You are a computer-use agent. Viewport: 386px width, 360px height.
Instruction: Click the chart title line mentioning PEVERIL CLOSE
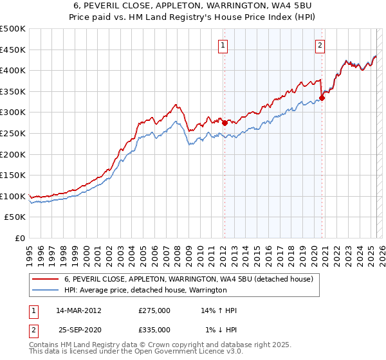click(193, 6)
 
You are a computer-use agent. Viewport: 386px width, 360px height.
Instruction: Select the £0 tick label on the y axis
click(20, 238)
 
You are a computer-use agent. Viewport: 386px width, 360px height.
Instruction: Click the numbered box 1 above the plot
click(223, 45)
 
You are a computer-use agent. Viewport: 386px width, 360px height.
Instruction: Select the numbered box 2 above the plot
click(320, 45)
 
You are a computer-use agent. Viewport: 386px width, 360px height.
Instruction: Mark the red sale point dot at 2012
click(225, 123)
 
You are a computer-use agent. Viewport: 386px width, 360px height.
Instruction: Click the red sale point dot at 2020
click(322, 98)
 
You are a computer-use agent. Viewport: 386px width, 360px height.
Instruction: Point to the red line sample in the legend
click(46, 279)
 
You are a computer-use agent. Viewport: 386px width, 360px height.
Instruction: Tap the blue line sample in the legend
click(46, 290)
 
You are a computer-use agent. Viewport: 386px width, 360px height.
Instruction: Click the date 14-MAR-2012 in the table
click(78, 310)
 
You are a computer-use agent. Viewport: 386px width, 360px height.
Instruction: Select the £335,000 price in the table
click(154, 330)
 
